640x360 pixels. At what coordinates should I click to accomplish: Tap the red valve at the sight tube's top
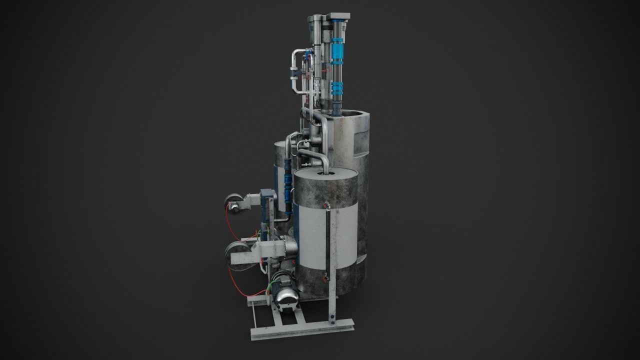326,204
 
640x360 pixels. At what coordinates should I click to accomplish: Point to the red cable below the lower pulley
242,287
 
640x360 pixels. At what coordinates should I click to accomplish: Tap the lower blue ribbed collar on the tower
337,90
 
